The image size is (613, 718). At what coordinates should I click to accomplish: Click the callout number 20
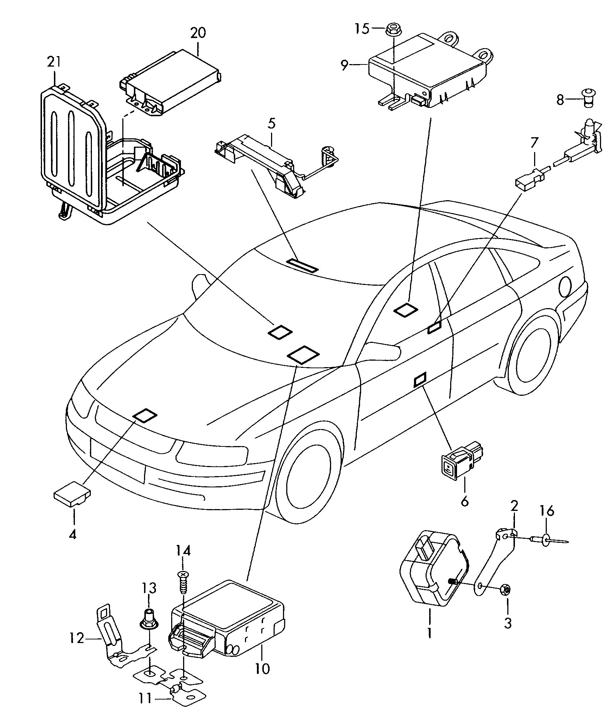tap(198, 33)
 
